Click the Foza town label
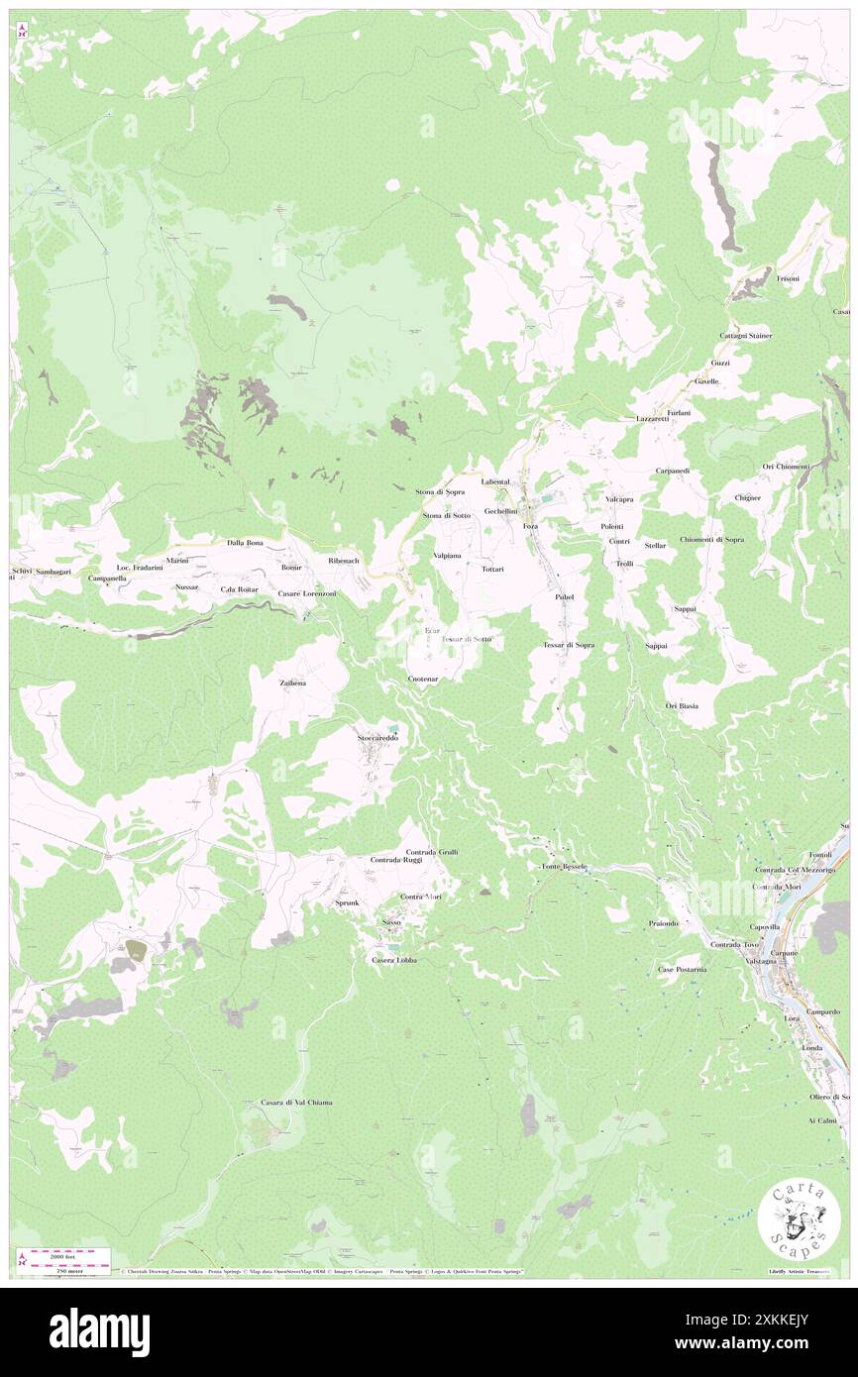pos(530,527)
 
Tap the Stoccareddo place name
pos(377,738)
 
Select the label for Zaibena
pos(292,684)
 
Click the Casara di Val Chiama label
pos(296,1103)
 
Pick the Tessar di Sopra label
pos(569,645)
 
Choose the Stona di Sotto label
pos(447,515)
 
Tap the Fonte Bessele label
pos(565,867)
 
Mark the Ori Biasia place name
pos(682,705)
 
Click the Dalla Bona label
pos(245,543)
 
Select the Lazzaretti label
pos(652,419)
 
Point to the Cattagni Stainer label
pos(745,336)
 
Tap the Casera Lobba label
pos(393,960)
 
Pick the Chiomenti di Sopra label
pos(711,539)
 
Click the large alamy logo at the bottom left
pos(99,1331)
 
